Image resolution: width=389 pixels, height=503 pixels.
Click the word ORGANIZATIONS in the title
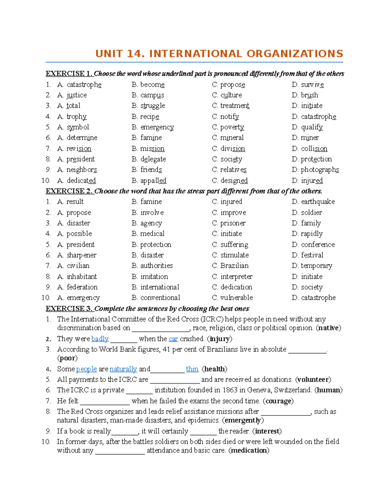(295, 54)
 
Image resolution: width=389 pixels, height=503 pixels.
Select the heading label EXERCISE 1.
(69, 74)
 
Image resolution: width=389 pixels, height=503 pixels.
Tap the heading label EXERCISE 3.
(69, 308)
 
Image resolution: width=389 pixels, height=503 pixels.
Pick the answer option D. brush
(305, 95)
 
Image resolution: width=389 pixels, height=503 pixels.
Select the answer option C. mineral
(228, 138)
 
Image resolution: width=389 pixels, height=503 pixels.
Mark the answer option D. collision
(310, 149)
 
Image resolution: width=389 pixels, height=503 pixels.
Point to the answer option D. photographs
(315, 170)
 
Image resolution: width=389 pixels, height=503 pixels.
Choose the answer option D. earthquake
(313, 202)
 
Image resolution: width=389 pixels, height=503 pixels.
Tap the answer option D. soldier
(307, 212)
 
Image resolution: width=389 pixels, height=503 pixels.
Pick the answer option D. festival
(308, 255)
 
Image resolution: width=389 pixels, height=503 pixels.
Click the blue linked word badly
(100, 339)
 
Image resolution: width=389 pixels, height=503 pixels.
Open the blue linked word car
(173, 339)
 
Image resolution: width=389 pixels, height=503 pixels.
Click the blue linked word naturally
(123, 369)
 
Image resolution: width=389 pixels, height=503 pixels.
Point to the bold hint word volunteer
(313, 380)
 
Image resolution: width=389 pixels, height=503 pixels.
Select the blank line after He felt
(105, 402)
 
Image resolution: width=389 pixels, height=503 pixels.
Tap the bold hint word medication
(249, 451)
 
